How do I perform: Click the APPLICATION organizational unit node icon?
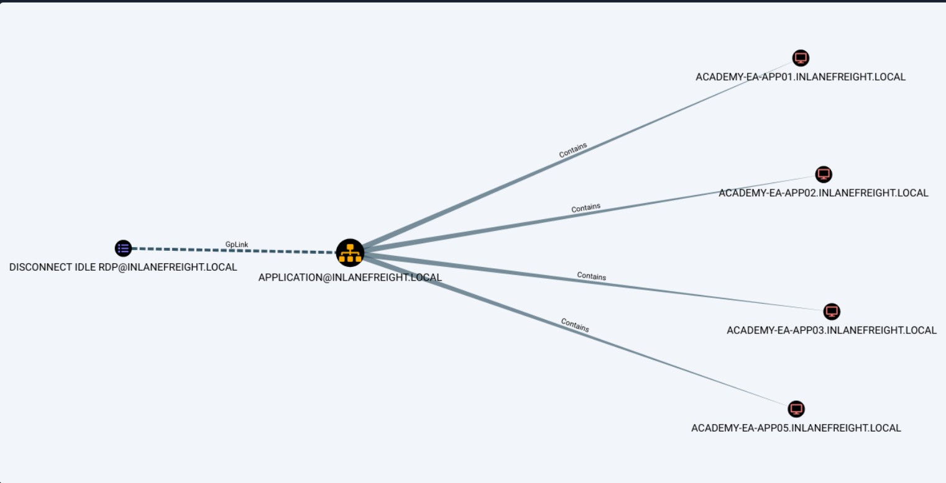(x=350, y=253)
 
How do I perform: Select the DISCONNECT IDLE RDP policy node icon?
(x=123, y=248)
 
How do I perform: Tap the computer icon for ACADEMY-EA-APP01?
(x=801, y=58)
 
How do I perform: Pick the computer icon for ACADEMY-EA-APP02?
(x=824, y=174)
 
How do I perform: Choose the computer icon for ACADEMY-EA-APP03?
(x=832, y=311)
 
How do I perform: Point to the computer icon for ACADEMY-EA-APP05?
(x=796, y=409)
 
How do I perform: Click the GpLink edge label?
(x=236, y=244)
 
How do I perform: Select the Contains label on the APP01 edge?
(x=573, y=150)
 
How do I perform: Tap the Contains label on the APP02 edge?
(x=586, y=207)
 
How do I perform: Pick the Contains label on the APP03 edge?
(x=592, y=276)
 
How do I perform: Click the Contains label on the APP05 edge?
(x=575, y=325)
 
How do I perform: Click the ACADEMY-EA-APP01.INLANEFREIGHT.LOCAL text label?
(x=801, y=77)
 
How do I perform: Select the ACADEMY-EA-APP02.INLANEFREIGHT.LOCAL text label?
(x=824, y=193)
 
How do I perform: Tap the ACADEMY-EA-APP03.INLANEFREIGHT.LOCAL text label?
(x=832, y=330)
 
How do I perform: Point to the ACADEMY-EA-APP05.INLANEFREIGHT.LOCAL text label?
(x=796, y=428)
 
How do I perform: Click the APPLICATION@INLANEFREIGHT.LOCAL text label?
(x=350, y=278)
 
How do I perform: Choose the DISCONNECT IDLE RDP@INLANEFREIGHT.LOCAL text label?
(x=123, y=268)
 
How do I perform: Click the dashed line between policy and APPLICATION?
(x=234, y=250)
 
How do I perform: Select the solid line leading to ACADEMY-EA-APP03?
(x=594, y=282)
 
